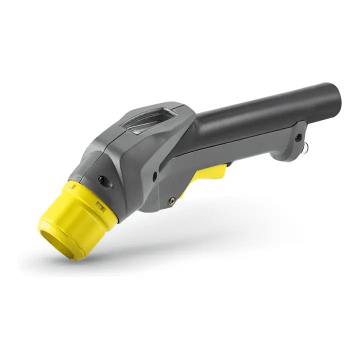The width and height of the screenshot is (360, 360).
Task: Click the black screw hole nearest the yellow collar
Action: (x=101, y=178)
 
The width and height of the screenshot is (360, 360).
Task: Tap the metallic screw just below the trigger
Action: (x=172, y=200)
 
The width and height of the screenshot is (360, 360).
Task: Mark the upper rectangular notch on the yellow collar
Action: (x=72, y=186)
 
